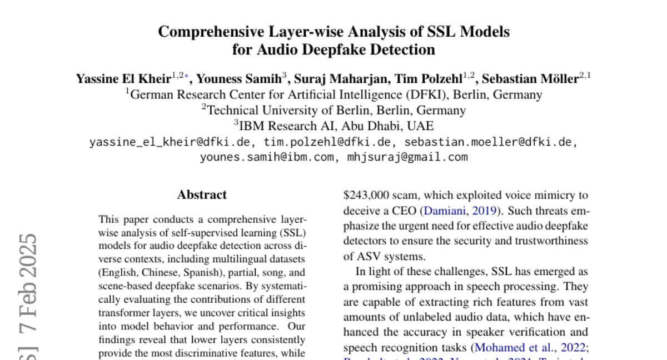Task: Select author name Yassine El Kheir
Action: (123, 79)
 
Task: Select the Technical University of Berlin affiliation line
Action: (333, 110)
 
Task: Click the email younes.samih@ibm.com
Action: (267, 157)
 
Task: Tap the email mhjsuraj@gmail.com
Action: (408, 157)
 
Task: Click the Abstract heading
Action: (202, 195)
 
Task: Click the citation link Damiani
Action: (444, 211)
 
